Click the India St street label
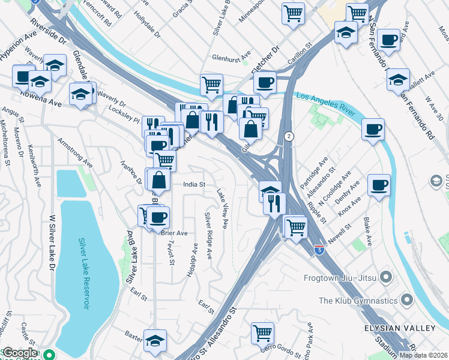(x=194, y=185)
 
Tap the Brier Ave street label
(x=174, y=233)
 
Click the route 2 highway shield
(x=289, y=136)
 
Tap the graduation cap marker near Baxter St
(x=155, y=340)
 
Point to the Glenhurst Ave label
(x=231, y=58)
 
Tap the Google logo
(x=20, y=353)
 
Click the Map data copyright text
(x=424, y=355)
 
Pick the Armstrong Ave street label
(x=76, y=153)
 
